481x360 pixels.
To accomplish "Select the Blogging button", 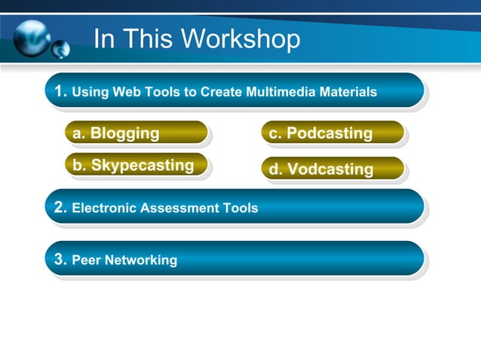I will pos(136,133).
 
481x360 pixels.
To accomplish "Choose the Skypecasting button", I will pos(136,166).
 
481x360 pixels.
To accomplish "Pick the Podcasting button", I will pos(332,133).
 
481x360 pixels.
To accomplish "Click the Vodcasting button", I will pos(332,169).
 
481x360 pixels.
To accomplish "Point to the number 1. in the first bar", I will pos(61,92).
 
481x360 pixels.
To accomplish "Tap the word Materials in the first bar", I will pos(349,93).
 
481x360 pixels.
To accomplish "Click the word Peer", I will pos(86,261).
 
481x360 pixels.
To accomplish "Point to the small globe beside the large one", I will pos(60,50).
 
